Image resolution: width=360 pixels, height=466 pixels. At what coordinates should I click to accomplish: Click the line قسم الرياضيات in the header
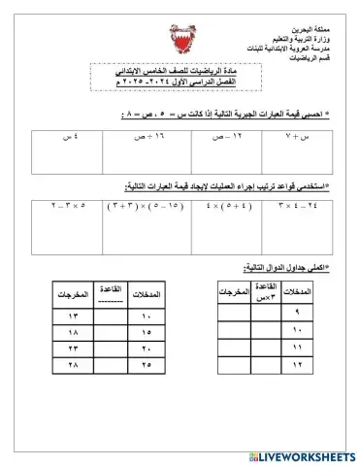click(314, 57)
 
